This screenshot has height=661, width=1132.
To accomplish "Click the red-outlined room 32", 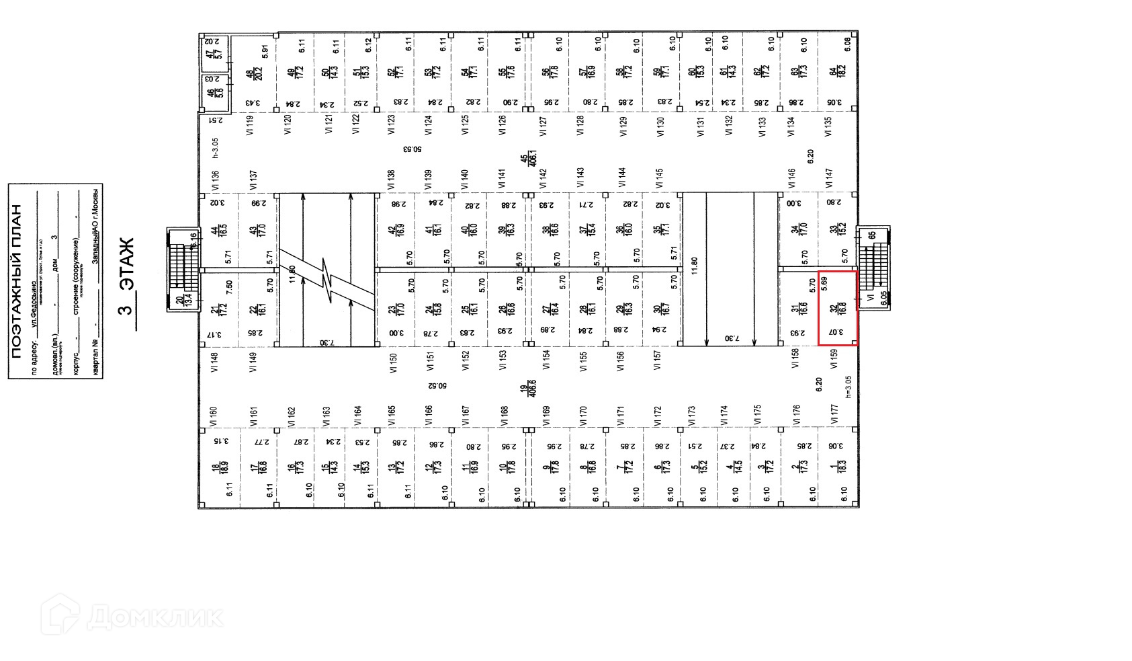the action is click(837, 308).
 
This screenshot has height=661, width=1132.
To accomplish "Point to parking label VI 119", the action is click(251, 126).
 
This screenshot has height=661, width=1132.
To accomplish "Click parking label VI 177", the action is click(834, 414).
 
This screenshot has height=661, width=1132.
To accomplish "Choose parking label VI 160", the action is click(214, 417).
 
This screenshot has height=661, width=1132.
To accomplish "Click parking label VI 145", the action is click(660, 178).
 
